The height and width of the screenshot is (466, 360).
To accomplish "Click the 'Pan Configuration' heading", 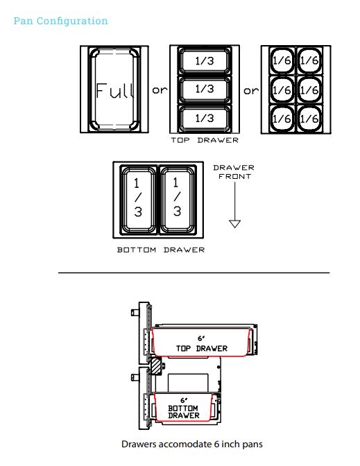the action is tap(60, 21).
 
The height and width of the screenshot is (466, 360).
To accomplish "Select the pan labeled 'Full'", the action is tap(114, 89).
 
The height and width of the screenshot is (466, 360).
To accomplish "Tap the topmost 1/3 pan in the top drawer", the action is tap(205, 60).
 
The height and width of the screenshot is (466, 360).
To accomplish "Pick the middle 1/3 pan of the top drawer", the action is tap(205, 89).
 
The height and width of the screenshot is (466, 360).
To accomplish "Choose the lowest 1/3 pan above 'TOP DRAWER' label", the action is tap(205, 119).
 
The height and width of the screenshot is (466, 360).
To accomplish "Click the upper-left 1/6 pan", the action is tap(282, 60).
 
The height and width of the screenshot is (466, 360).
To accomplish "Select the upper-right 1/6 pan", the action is tap(309, 60).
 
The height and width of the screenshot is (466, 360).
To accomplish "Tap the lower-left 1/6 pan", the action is tap(282, 119).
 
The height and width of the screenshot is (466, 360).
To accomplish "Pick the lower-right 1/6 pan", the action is tap(309, 119).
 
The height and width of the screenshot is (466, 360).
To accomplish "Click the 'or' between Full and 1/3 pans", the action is tap(160, 89).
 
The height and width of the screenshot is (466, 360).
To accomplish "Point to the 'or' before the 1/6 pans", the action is tap(251, 90).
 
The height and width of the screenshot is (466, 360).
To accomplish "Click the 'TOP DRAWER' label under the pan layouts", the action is tap(205, 140).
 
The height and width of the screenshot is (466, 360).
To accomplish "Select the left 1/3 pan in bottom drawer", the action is tap(138, 199).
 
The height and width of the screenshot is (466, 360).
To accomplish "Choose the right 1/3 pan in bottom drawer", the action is tap(178, 199).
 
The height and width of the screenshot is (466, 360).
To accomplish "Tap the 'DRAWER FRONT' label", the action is tap(234, 172).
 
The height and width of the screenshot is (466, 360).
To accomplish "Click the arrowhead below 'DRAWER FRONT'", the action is tap(235, 223).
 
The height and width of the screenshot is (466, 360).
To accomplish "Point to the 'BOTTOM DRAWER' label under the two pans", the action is tap(161, 250).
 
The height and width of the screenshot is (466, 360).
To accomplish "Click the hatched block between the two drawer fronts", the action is tap(156, 366).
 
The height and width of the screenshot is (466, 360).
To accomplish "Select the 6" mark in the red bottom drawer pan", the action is tap(184, 401).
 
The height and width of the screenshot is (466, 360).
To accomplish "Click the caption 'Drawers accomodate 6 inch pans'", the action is tap(192, 445).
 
